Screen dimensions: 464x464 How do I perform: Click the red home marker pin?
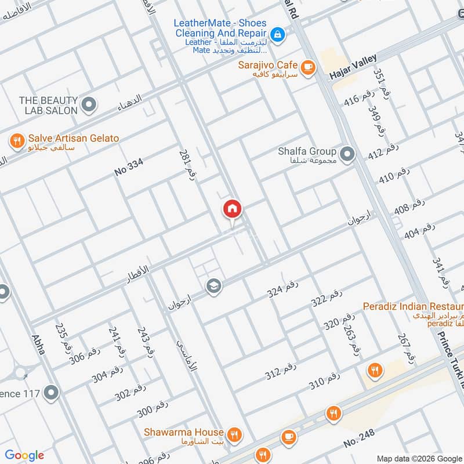tap(233, 209)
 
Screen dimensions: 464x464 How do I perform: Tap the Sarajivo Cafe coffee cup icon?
tap(307, 66)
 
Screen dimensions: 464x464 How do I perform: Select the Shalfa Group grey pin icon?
tap(347, 154)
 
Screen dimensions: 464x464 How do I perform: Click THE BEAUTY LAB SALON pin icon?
tap(88, 105)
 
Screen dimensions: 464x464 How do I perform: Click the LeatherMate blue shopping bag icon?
tap(278, 35)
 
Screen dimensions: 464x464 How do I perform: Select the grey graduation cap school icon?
tap(213, 287)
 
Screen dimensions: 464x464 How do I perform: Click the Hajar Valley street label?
tap(353, 67)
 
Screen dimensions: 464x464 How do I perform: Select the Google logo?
tap(24, 455)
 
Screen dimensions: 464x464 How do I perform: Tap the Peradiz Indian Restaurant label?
tap(412, 306)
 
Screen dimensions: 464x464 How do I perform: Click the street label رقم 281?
tap(186, 165)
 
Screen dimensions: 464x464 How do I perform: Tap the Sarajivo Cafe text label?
tap(267, 65)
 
